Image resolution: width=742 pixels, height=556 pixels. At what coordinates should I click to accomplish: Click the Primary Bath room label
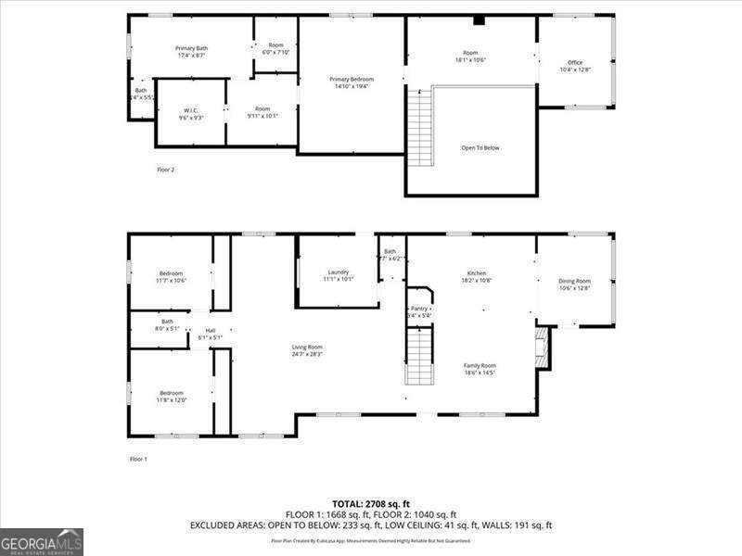coord(191,48)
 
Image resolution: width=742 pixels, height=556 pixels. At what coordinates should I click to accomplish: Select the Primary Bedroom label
coord(352,79)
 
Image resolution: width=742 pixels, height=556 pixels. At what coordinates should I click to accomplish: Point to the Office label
coord(575,63)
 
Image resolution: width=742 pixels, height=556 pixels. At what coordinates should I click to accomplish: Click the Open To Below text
coord(480,147)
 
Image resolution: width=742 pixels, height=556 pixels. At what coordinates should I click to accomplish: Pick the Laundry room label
coord(338,272)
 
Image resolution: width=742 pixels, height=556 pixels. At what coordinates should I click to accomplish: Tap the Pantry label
coord(419,309)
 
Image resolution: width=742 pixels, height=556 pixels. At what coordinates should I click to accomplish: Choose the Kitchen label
coord(477,273)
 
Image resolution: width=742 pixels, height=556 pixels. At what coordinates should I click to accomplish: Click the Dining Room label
coord(574,282)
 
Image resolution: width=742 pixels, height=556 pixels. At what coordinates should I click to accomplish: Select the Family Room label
coord(480,366)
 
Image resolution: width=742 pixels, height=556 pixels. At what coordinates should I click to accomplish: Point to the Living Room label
coord(307,347)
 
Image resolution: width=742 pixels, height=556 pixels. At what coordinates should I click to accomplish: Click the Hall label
coord(211,331)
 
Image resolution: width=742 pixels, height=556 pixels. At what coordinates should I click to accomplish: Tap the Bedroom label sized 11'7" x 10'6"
coord(172,273)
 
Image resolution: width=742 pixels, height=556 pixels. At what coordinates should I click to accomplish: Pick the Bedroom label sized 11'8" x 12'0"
coord(172,393)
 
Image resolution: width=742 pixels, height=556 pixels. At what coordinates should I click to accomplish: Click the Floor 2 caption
coord(165,170)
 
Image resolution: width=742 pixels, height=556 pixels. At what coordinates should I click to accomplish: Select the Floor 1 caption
coord(138,459)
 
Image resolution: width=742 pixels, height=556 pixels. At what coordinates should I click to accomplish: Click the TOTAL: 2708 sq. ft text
coord(371,503)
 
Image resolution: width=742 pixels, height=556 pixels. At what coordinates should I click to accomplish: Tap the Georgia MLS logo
coord(42,541)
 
